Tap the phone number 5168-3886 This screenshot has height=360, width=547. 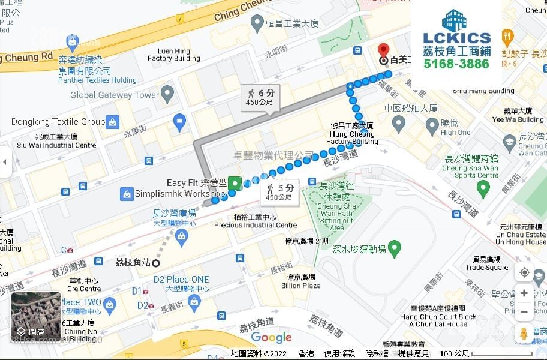pos(456,64)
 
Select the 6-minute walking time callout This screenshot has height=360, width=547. pos(260,97)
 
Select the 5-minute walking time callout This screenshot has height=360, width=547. pos(279,192)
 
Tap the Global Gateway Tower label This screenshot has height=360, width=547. pos(115,95)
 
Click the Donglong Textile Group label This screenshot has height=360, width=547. pos(58,122)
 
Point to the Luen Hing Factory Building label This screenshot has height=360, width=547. pos(173,55)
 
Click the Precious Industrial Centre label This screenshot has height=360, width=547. pos(256,221)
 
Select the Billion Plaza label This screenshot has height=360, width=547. pos(301,281)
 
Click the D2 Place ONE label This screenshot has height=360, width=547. pos(181,280)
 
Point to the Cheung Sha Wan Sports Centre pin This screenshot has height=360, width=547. pos(484,188)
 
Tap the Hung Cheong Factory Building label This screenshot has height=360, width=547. pos(354,134)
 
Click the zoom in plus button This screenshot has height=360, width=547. pos(524,293)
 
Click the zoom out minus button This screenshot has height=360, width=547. pos(524,311)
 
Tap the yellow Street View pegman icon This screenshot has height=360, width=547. pos(524,334)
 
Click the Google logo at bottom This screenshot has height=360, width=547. pos(271,337)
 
